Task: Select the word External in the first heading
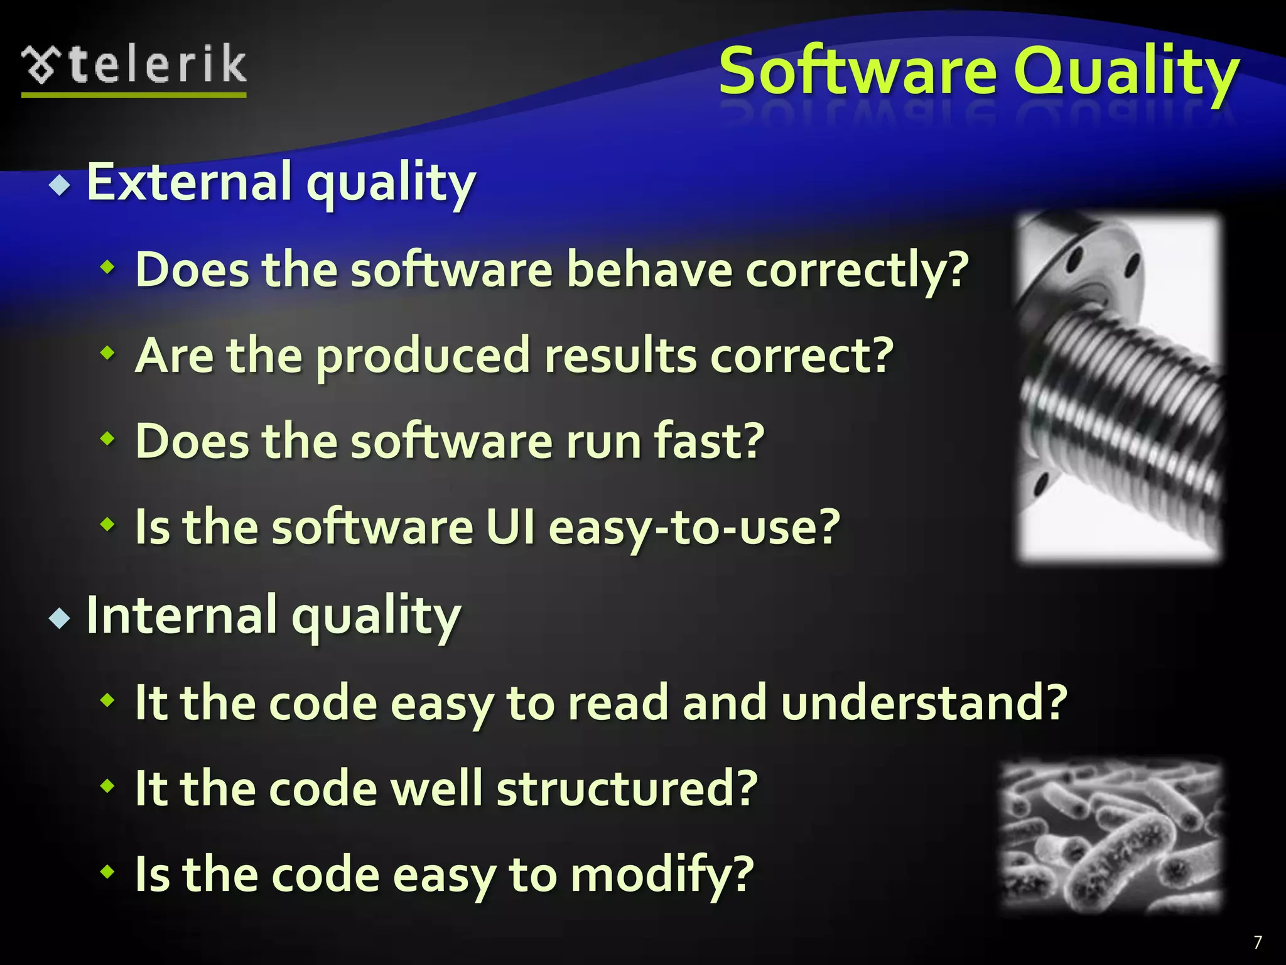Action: pos(189,182)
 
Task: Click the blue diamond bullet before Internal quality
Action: pos(60,619)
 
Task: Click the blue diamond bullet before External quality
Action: pos(60,186)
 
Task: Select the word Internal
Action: pos(181,615)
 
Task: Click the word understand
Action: pos(923,702)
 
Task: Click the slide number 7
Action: pos(1257,942)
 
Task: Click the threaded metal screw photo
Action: pos(1120,387)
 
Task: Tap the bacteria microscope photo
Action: pos(1111,836)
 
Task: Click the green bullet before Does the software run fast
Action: pos(108,439)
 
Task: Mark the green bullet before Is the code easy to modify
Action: pos(108,871)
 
